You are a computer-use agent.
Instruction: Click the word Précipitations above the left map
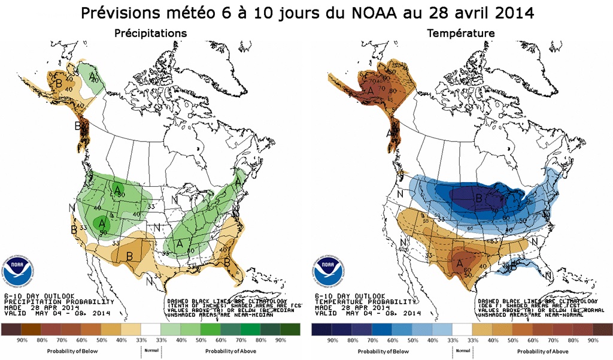coord(150,34)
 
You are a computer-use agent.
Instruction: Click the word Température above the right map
coord(461,34)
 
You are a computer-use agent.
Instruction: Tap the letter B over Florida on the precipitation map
coord(227,261)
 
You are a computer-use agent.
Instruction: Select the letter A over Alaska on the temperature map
coord(371,90)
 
